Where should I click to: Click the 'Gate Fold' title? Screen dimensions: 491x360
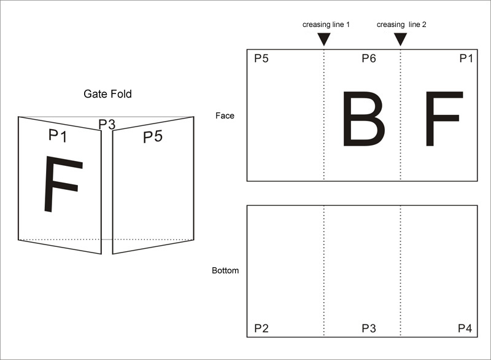(107, 94)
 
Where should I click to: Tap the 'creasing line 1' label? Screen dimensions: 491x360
(326, 25)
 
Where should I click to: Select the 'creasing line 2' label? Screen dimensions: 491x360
(401, 25)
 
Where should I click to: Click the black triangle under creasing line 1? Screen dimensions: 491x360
(324, 39)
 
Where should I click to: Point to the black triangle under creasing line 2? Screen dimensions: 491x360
(400, 39)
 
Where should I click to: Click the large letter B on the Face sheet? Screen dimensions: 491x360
(363, 119)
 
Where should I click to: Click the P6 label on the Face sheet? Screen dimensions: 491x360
(369, 58)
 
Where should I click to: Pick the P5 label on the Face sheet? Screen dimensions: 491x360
(261, 58)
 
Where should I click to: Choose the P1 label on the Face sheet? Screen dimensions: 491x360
(466, 58)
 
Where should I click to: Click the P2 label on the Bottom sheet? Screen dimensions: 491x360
(261, 328)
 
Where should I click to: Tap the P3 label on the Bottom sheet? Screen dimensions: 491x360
(369, 328)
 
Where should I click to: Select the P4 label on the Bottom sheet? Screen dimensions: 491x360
(465, 328)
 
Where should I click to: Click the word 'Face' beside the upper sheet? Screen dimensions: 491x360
(225, 115)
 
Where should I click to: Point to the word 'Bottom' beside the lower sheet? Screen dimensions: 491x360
(225, 270)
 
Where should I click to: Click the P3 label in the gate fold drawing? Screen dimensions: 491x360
(107, 124)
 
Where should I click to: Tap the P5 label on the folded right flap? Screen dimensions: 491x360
(153, 137)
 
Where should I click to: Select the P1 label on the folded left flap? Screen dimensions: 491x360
(58, 136)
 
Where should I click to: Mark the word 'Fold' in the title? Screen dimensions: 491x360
(121, 94)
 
